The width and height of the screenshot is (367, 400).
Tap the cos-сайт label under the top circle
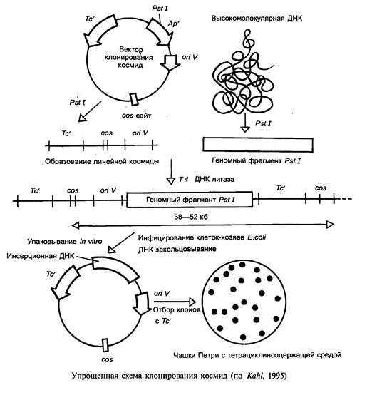pos(136,116)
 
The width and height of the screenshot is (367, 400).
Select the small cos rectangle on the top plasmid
pos(134,99)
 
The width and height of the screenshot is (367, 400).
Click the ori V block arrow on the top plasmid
pos(170,63)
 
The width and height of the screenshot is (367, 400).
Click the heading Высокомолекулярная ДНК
pos(257,19)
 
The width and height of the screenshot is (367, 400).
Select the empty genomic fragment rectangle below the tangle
pos(258,145)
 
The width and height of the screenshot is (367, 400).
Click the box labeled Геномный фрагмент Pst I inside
pos(190,199)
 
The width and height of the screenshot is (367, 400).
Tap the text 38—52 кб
pos(191,217)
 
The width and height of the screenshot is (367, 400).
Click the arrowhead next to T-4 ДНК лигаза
pos(170,180)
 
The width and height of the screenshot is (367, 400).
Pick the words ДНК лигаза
pos(214,180)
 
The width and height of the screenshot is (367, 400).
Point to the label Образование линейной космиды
pos(102,161)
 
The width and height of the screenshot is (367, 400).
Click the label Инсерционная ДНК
pos(41,256)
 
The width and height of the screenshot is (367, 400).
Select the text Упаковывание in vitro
pos(65,241)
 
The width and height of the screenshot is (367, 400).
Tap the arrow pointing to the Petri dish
pos(175,302)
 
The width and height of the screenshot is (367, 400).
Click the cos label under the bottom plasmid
pos(107,359)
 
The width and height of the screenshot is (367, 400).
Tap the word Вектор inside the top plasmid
pos(131,49)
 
